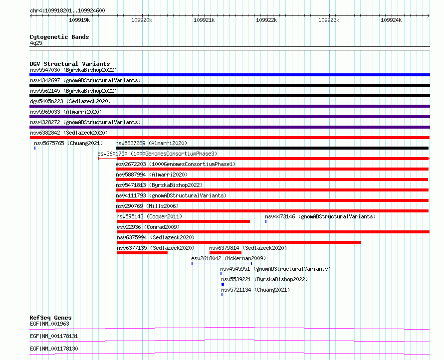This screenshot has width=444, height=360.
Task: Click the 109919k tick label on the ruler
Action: tap(79, 20)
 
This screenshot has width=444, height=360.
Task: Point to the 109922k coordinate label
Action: tap(266, 20)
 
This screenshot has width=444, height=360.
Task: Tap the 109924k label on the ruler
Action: tap(391, 20)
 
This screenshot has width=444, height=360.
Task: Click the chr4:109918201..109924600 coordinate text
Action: tap(67, 10)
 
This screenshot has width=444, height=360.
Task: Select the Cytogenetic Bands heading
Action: tap(59, 37)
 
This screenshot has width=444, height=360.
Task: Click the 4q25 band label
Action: tap(36, 43)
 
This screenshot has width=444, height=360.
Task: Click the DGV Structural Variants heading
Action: tap(70, 64)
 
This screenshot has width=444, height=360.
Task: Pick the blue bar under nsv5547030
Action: tap(229, 75)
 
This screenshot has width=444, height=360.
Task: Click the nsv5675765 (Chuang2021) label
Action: tap(68, 143)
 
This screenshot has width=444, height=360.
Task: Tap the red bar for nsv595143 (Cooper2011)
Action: tap(183, 221)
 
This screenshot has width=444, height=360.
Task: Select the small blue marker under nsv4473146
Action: tap(266, 221)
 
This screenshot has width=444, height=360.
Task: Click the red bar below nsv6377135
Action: tap(142, 253)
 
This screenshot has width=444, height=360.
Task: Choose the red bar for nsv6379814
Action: tap(225, 253)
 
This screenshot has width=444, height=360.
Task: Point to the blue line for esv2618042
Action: tap(222, 263)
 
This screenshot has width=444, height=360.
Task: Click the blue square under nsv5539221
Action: tap(223, 284)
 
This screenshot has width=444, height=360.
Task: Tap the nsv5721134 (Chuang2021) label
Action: tap(255, 290)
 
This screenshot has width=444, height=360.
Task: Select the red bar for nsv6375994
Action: tap(239, 242)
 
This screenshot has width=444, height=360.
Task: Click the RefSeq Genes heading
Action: tap(50, 318)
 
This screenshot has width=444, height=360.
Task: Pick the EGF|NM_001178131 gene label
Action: tap(54, 336)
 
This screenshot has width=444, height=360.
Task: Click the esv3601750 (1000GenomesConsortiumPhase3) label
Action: tap(157, 154)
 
